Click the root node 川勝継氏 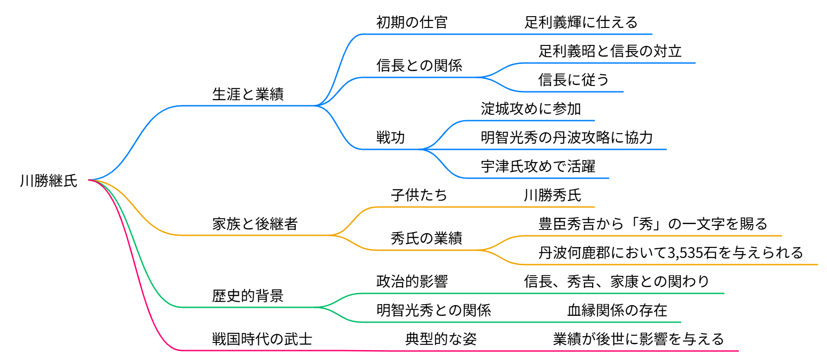pyautogui.click(x=49, y=181)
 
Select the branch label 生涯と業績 pyautogui.click(x=248, y=94)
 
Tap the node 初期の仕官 pyautogui.click(x=412, y=22)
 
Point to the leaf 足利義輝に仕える pyautogui.click(x=581, y=22)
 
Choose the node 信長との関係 pyautogui.click(x=419, y=66)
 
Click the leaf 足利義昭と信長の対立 pyautogui.click(x=610, y=51)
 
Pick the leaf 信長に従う pyautogui.click(x=574, y=80)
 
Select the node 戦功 pyautogui.click(x=391, y=138)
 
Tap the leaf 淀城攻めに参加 pyautogui.click(x=531, y=109)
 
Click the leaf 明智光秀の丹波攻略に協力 pyautogui.click(x=566, y=138)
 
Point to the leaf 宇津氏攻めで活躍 pyautogui.click(x=538, y=166)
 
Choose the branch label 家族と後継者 pyautogui.click(x=255, y=224)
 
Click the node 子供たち pyautogui.click(x=419, y=195)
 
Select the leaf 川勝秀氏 pyautogui.click(x=553, y=195)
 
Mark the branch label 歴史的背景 pyautogui.click(x=248, y=296)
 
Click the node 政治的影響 pyautogui.click(x=412, y=282)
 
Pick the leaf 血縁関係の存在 pyautogui.click(x=617, y=310)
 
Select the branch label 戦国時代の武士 pyautogui.click(x=262, y=339)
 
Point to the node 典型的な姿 pyautogui.click(x=441, y=339)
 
